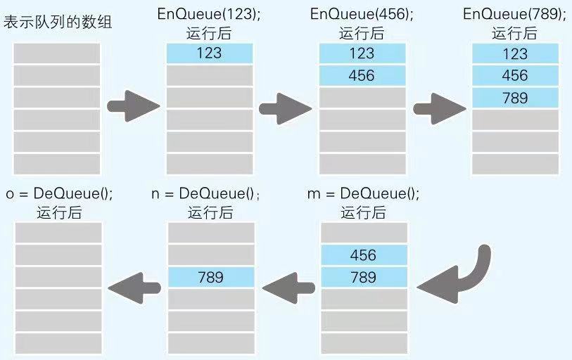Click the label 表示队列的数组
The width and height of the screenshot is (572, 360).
click(x=58, y=22)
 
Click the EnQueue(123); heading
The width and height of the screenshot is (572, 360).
click(x=208, y=15)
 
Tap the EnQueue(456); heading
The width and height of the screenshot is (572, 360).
click(x=362, y=15)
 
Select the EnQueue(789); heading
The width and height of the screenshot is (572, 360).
click(x=515, y=15)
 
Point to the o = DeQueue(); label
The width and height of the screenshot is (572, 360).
click(x=58, y=193)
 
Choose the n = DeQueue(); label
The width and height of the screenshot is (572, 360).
click(x=208, y=193)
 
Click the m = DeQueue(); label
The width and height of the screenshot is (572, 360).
click(x=363, y=193)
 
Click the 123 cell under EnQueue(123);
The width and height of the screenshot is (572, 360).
click(x=209, y=53)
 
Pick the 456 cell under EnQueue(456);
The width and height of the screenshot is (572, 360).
click(x=362, y=75)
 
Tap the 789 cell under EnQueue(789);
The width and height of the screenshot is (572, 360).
click(x=515, y=98)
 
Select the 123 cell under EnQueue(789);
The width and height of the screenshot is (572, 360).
click(x=515, y=53)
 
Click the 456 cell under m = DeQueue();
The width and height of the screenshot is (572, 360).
click(x=363, y=255)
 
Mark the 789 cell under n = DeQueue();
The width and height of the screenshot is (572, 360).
click(x=210, y=277)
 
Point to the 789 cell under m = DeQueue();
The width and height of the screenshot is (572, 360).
click(x=363, y=277)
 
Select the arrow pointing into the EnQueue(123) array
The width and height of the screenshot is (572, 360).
click(x=133, y=106)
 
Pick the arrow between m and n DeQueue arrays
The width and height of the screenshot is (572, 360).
click(x=288, y=285)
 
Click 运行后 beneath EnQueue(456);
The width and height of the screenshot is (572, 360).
click(x=362, y=32)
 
